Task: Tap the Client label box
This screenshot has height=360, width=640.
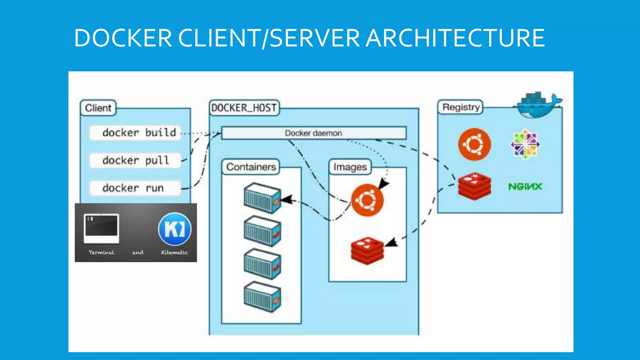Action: tap(98, 108)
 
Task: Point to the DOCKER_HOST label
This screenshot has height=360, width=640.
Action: tap(244, 108)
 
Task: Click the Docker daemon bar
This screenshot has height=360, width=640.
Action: tap(313, 133)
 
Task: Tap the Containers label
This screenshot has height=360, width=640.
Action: tap(251, 167)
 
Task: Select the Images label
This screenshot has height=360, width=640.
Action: tap(350, 167)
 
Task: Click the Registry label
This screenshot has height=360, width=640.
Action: tap(461, 107)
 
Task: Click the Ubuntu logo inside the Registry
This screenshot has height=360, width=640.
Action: tap(474, 144)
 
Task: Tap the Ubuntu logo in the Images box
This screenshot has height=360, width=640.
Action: tap(367, 200)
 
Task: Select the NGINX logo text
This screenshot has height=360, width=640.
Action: tap(525, 187)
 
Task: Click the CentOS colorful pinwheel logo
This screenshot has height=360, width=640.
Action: tap(525, 144)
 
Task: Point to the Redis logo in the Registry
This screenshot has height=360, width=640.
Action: tap(474, 186)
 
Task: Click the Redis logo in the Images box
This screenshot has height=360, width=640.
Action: tap(367, 251)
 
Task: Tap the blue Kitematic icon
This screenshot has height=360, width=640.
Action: tap(175, 229)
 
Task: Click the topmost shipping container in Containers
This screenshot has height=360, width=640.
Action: tap(262, 198)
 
